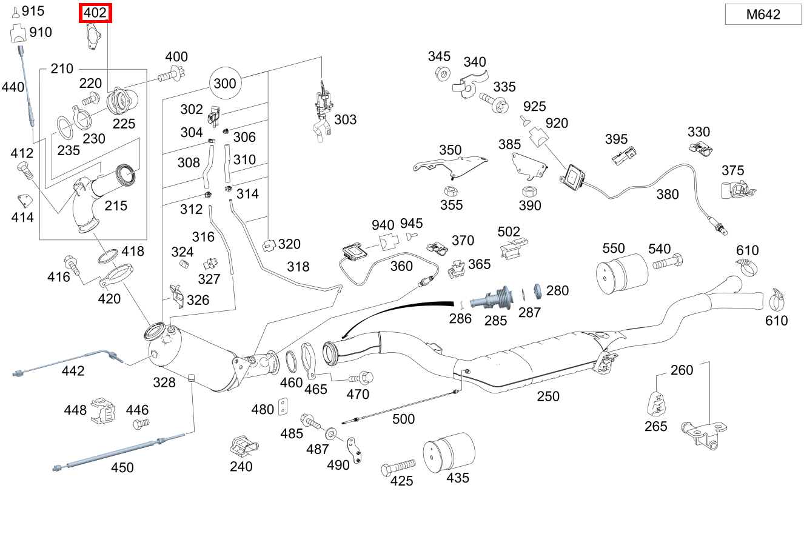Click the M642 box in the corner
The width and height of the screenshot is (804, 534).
(763, 14)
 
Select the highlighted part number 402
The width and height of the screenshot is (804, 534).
(96, 13)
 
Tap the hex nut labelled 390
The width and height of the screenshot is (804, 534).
(528, 190)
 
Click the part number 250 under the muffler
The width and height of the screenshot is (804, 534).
(548, 396)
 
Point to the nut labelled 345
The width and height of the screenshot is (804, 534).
(442, 75)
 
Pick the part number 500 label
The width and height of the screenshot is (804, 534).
(403, 419)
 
